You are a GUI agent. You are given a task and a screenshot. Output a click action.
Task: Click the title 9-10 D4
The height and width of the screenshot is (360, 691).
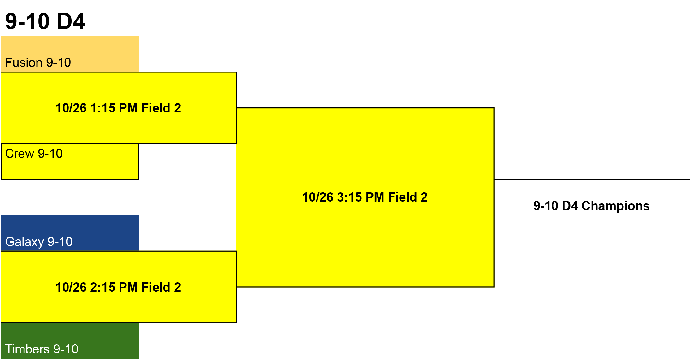click(x=45, y=21)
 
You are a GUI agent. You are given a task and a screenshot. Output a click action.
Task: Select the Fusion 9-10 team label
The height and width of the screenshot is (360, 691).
click(x=38, y=63)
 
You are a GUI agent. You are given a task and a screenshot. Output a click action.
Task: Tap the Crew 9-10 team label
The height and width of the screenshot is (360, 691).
click(x=34, y=154)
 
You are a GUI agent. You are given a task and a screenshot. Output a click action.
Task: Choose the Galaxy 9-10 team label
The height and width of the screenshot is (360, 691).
click(x=39, y=242)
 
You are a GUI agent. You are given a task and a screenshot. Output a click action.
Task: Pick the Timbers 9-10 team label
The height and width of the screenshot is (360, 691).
click(x=42, y=349)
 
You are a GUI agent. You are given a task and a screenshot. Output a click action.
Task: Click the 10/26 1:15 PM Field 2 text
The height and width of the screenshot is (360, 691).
click(x=118, y=108)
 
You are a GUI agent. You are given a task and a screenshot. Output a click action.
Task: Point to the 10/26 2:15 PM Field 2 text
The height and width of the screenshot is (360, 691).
click(x=118, y=287)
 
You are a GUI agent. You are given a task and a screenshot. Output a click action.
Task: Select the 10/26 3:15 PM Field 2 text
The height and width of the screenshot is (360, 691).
click(x=365, y=197)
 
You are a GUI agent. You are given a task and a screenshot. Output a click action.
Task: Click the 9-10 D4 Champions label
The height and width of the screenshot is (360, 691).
click(x=591, y=206)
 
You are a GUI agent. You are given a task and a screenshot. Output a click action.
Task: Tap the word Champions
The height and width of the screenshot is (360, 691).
click(x=615, y=206)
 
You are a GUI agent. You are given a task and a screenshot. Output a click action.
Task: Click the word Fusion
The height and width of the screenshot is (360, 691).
click(x=24, y=63)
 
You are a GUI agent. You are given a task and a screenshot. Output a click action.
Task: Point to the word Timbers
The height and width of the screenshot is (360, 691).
click(x=27, y=349)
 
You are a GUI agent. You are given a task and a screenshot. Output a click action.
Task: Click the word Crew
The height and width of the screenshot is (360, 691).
click(x=20, y=154)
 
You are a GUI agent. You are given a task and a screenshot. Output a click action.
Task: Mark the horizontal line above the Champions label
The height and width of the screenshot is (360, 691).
click(x=592, y=179)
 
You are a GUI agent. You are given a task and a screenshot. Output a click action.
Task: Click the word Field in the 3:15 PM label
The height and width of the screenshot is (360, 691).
click(x=402, y=197)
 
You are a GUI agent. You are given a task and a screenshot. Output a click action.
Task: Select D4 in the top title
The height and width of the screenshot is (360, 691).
click(x=71, y=21)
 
